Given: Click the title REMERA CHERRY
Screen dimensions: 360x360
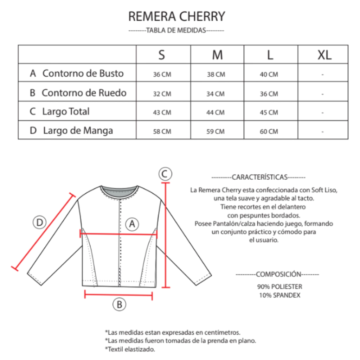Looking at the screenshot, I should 176,16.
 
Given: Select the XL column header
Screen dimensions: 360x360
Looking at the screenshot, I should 324,55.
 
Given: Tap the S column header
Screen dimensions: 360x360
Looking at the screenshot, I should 162,55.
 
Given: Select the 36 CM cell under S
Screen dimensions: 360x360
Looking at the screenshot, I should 162,75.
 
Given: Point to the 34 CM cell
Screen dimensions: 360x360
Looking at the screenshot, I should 216,94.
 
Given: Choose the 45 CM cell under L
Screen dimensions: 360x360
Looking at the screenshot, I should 269,112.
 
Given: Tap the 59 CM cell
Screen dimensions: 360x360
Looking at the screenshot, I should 216,131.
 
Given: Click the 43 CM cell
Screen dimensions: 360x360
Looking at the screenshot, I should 162,112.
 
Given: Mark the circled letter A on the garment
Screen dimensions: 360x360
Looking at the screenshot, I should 132,224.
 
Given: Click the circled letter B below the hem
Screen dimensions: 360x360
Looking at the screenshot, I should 119,304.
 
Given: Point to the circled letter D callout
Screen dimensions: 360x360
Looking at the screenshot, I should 40,222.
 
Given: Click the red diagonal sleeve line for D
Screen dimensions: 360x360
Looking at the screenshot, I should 44,232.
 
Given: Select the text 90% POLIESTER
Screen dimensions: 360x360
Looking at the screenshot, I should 279,287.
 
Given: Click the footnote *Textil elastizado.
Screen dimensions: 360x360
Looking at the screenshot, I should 130,349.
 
